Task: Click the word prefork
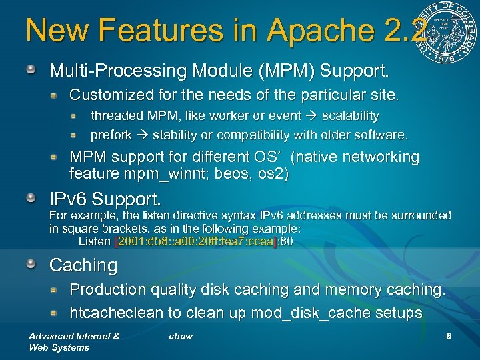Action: (111, 135)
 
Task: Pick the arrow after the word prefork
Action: (142, 135)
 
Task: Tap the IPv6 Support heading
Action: (105, 199)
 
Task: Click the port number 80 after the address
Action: (286, 241)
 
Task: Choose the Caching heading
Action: (83, 265)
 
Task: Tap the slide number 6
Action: (449, 336)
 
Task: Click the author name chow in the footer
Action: (181, 336)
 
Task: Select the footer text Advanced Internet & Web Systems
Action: (73, 341)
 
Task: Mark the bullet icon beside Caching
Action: (32, 265)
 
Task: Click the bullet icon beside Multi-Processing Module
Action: (32, 69)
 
